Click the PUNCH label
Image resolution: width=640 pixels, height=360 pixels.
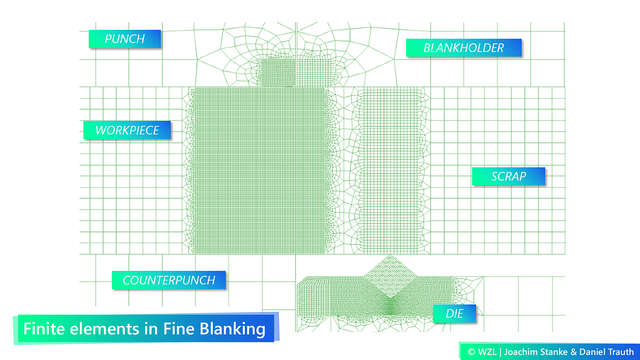point(125,39)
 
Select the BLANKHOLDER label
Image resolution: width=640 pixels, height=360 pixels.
point(463,47)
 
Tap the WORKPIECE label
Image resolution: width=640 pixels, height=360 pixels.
point(127,130)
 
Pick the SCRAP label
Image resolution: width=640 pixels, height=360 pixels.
point(509,177)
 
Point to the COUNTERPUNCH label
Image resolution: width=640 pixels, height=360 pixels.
point(169,280)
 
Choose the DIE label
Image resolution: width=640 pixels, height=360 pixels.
point(454,314)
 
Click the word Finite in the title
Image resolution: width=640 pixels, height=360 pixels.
point(44,329)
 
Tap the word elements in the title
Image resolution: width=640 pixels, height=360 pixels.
point(105,329)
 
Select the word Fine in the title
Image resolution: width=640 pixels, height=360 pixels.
point(179,329)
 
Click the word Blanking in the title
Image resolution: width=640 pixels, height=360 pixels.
point(233,330)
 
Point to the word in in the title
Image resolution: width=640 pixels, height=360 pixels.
point(151,329)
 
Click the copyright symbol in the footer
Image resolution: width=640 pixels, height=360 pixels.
point(471,352)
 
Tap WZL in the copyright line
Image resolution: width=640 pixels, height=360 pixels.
point(487,351)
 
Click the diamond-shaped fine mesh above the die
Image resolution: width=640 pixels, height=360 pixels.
point(390,277)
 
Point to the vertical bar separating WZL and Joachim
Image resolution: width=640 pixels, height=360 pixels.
point(500,352)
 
